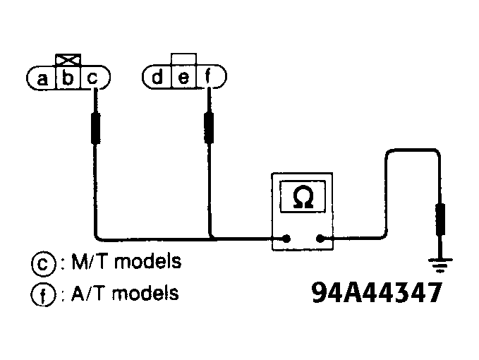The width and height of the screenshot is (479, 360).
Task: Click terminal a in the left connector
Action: click(42, 78)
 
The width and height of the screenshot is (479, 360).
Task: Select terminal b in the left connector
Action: click(68, 78)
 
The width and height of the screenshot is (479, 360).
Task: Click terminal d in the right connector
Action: click(158, 76)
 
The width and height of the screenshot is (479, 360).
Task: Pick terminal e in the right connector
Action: click(183, 76)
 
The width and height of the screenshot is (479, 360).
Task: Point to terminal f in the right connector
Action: click(207, 76)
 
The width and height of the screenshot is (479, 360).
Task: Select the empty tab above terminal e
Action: click(183, 59)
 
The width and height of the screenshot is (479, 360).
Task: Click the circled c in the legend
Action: click(42, 263)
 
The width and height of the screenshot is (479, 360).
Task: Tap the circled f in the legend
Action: click(42, 294)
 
